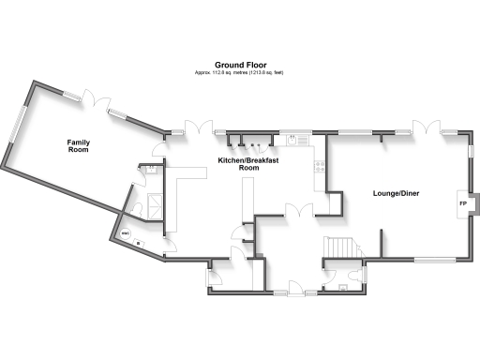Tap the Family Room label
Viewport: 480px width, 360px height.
(x=78, y=145)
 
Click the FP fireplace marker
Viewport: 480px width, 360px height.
(x=462, y=203)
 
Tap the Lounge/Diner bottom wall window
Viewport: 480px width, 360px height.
(x=433, y=259)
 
